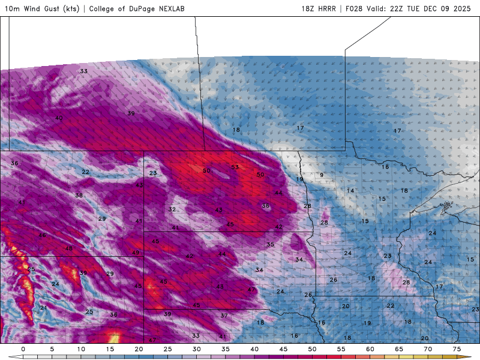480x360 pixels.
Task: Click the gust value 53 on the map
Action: point(235,167)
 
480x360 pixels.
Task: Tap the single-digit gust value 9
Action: point(322,175)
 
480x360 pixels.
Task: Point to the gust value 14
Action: point(350,190)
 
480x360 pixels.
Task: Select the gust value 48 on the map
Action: point(69,248)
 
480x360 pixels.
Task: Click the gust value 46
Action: point(42,235)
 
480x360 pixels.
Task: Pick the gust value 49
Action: point(136,253)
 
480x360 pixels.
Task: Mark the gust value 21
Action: point(43,308)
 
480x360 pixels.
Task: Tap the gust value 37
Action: point(224,315)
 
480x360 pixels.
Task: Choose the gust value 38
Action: point(79,196)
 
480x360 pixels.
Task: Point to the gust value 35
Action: point(270,244)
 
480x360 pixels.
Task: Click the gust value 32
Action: point(172,209)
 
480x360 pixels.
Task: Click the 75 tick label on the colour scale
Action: point(457,349)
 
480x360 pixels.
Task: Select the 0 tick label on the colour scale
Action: point(23,349)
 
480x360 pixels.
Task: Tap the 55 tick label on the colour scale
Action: point(341,349)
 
